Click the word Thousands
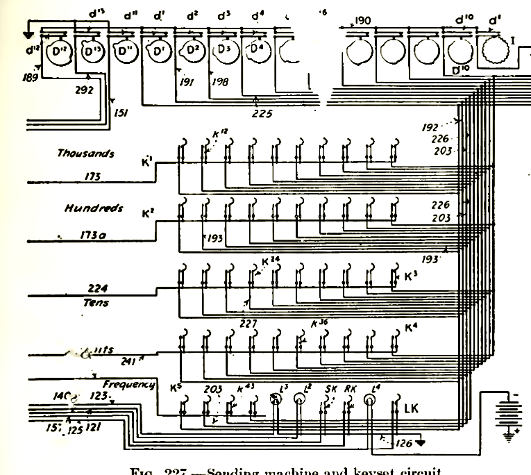(x=85, y=153)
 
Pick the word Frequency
(x=128, y=384)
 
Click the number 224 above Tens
(x=101, y=287)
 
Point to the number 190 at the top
(x=364, y=20)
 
